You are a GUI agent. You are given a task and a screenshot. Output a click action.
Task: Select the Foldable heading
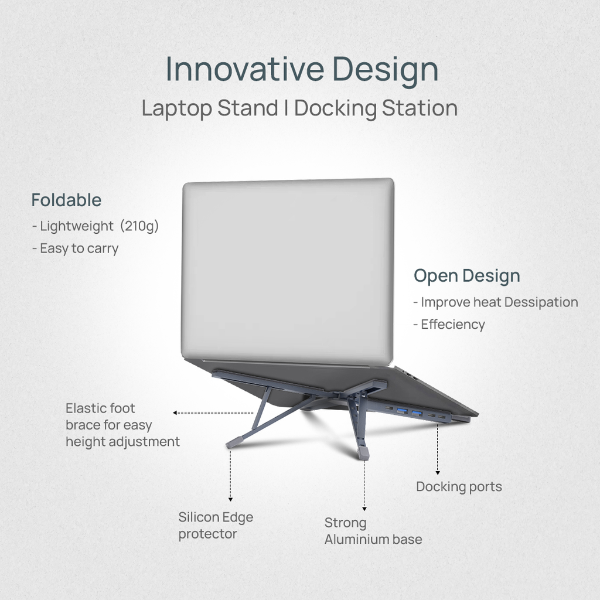(x=66, y=200)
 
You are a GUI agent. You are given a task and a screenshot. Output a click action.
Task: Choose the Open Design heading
(x=466, y=275)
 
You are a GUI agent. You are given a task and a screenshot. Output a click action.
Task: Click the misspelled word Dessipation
(x=541, y=302)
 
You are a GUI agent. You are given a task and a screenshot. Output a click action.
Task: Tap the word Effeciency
(x=453, y=325)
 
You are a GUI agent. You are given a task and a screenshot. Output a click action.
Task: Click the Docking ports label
(x=459, y=487)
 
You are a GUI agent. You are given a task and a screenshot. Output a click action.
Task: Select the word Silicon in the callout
(x=199, y=517)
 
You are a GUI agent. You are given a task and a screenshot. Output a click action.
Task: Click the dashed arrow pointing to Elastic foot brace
(x=213, y=413)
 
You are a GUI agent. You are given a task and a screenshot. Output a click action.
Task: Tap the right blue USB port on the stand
(x=417, y=414)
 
